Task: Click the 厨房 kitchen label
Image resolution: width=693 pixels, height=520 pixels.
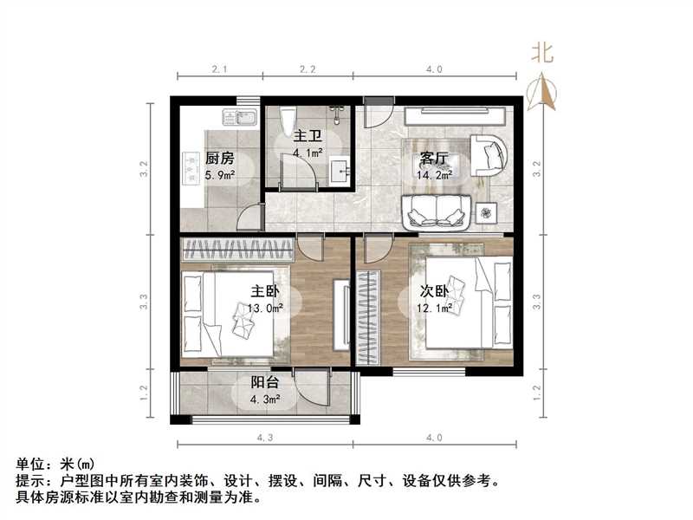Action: click(220, 159)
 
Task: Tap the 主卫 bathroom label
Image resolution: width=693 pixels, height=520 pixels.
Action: click(308, 136)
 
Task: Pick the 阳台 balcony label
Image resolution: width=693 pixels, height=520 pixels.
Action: click(265, 382)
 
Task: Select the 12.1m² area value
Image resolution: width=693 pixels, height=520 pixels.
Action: click(434, 307)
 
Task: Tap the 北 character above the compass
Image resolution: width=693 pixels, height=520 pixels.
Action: click(543, 52)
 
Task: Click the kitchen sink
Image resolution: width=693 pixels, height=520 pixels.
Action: click(238, 115)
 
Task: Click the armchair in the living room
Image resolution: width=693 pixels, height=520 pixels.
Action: click(489, 154)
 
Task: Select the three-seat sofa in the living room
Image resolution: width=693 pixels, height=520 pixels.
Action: click(437, 211)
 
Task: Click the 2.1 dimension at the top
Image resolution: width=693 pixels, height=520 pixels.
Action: click(220, 68)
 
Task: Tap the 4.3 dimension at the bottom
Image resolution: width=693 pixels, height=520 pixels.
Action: click(265, 439)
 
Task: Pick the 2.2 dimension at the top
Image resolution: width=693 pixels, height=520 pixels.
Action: click(308, 68)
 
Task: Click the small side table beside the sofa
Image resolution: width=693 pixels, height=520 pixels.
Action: click(488, 211)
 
